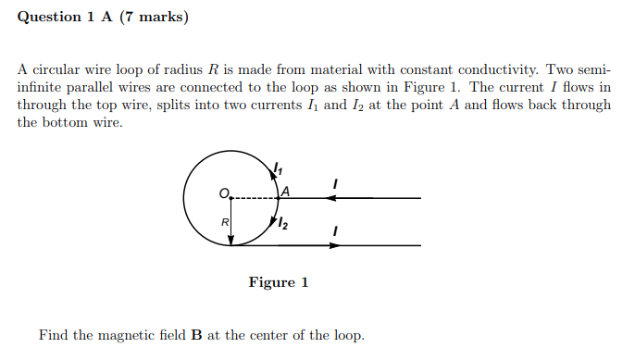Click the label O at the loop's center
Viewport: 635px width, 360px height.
[x=222, y=192]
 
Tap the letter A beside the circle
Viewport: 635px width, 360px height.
[x=285, y=192]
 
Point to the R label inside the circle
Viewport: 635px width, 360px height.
[x=223, y=222]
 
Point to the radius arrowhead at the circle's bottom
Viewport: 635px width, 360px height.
[x=230, y=240]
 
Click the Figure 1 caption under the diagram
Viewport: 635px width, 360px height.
[x=278, y=282]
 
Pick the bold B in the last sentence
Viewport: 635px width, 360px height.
[x=196, y=335]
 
